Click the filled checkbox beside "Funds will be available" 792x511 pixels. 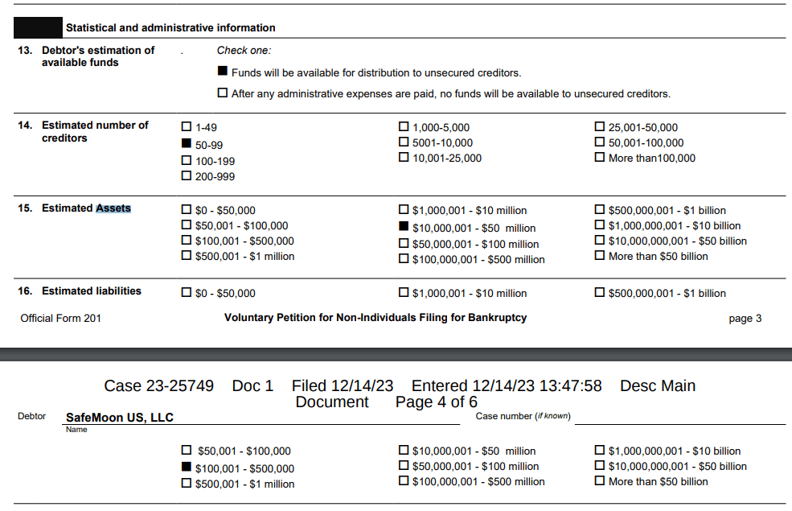223,72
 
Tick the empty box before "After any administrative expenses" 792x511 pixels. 223,93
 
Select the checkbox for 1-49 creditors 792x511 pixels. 187,127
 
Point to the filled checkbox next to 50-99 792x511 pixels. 187,144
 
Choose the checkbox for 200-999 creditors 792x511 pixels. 187,176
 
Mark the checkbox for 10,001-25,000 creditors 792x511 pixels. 404,158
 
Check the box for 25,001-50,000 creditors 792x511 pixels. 600,127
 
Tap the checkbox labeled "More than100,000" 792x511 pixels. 600,158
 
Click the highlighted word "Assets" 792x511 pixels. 113,208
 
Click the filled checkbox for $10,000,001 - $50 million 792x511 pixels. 404,228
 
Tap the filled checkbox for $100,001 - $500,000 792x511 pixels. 187,468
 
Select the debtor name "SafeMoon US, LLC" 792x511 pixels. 119,418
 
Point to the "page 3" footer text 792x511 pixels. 745,319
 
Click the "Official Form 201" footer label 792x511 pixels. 61,318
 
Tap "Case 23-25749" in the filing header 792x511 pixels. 159,386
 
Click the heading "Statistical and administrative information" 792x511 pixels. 170,28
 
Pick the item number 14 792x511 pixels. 26,126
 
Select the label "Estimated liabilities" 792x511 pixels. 92,291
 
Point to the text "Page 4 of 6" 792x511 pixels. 437,402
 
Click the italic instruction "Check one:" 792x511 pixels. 244,51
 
